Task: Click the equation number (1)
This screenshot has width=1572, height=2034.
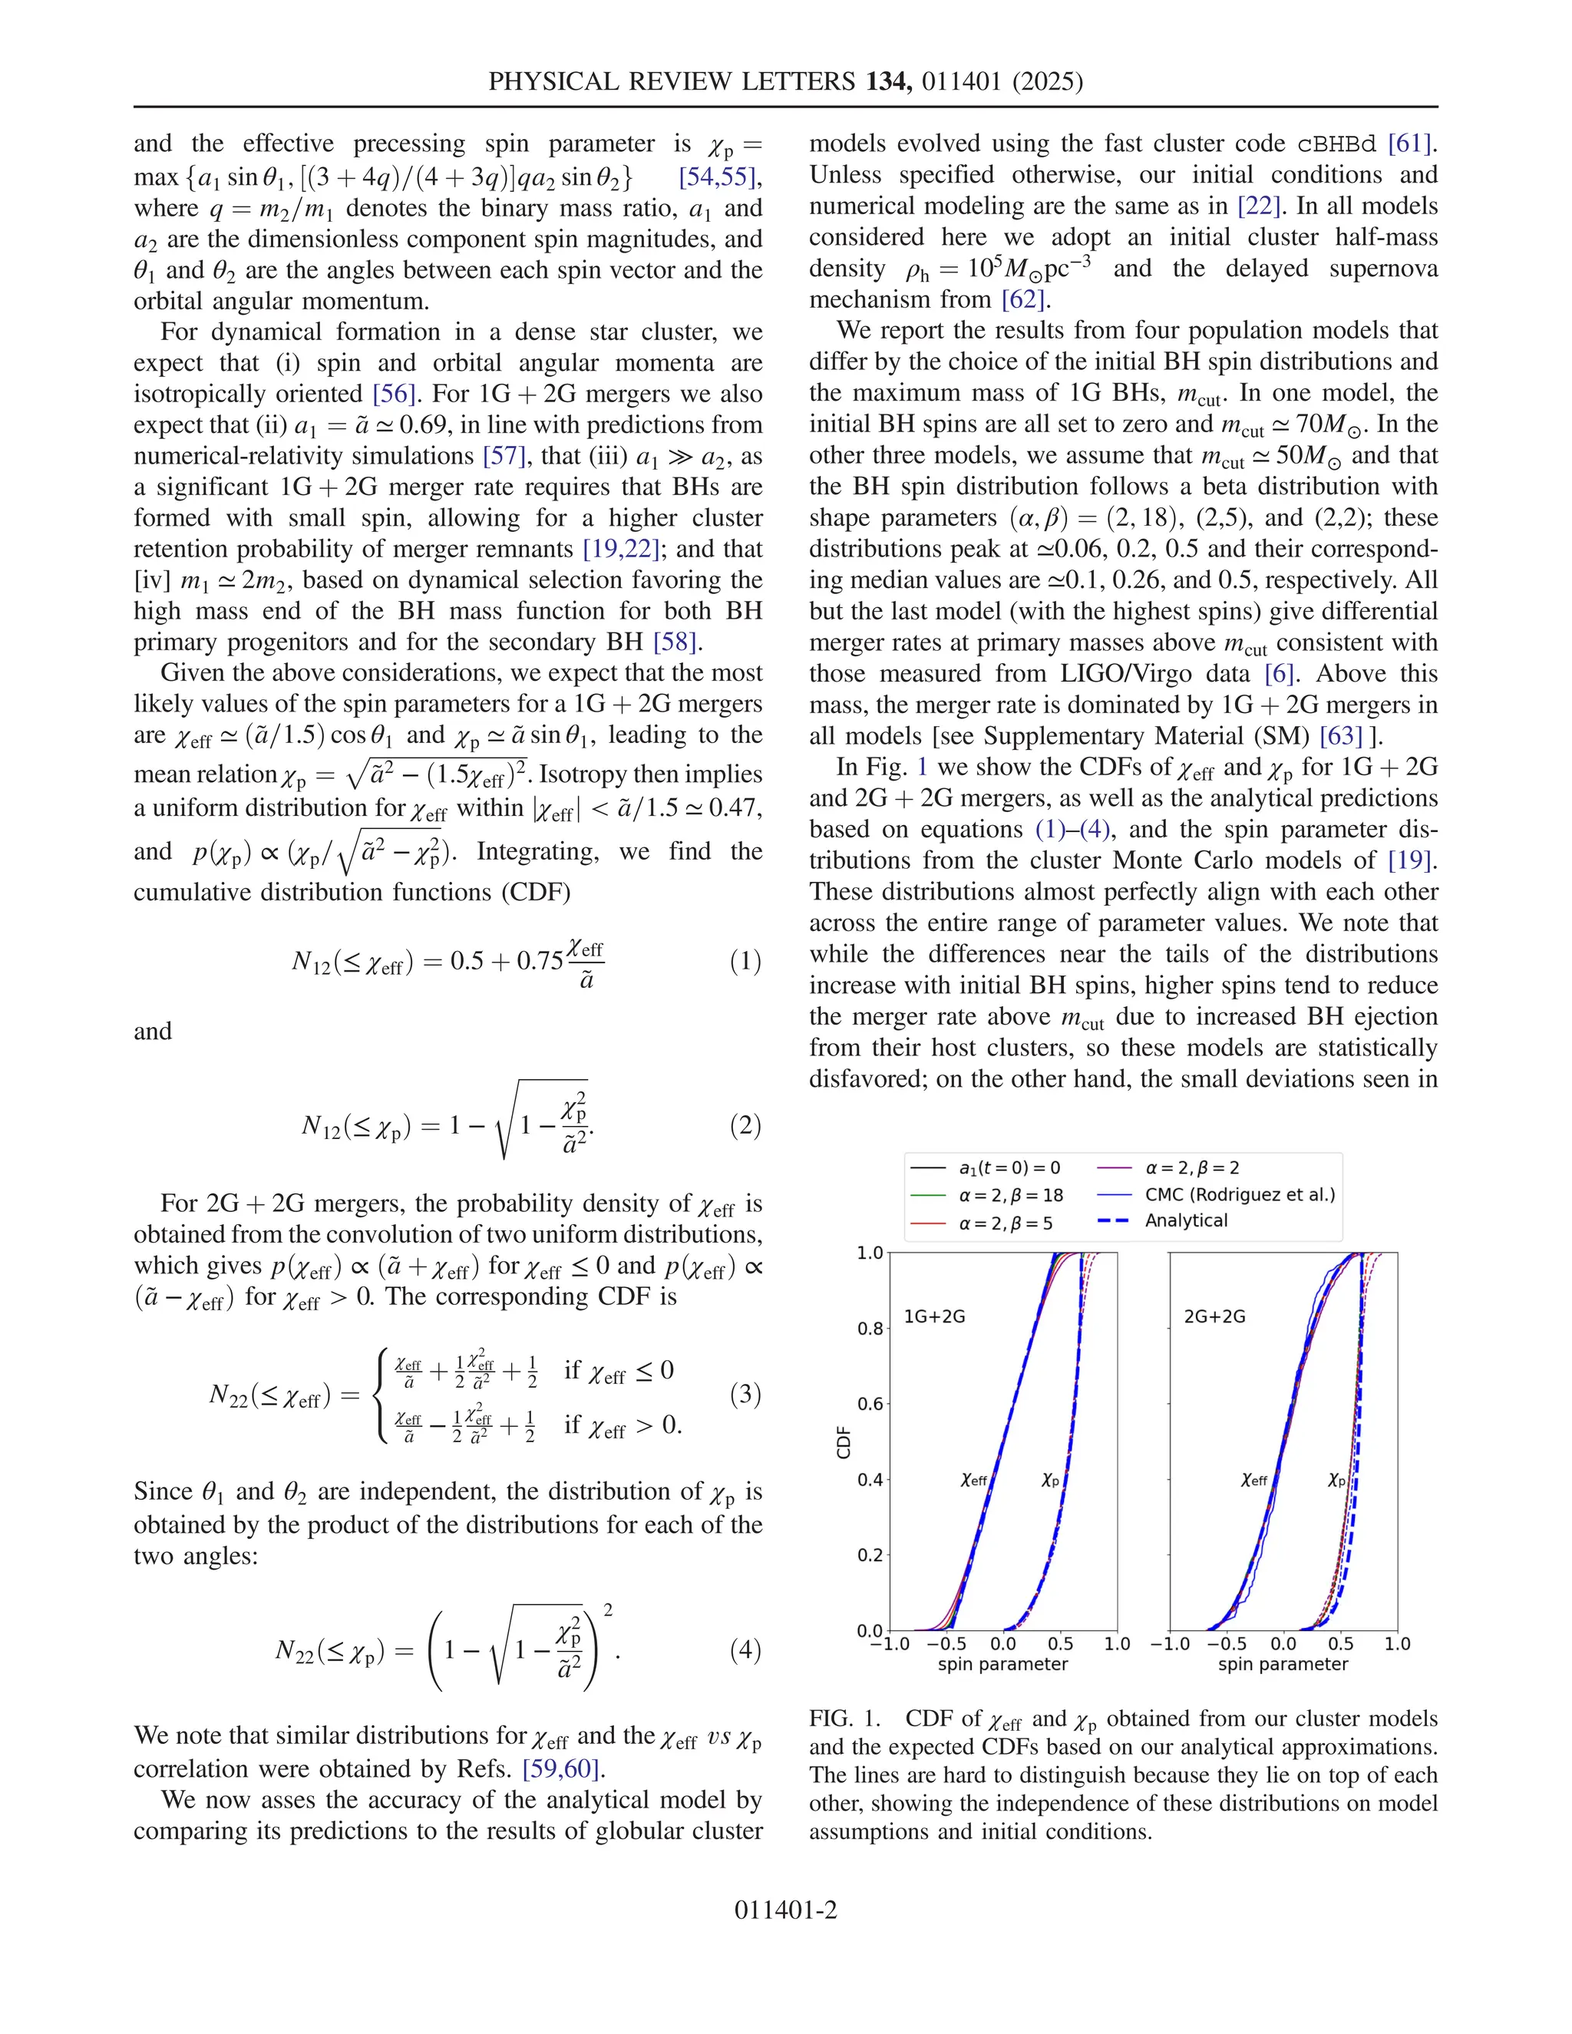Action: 745,961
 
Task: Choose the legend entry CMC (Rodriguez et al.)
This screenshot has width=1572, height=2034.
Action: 1240,1195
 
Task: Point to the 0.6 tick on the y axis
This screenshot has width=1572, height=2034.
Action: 870,1405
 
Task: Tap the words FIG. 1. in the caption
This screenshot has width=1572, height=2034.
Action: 844,1719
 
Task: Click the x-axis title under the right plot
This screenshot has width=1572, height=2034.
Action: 1283,1664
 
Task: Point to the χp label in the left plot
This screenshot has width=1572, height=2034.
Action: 1051,1479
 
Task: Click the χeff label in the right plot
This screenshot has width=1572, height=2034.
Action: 1254,1479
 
